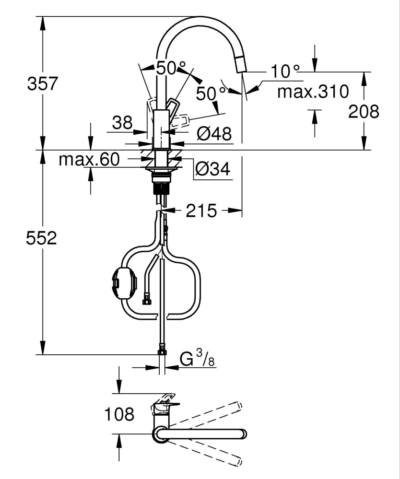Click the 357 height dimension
click(x=42, y=84)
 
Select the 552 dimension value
click(x=42, y=238)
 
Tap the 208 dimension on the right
click(x=364, y=112)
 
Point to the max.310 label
click(x=313, y=91)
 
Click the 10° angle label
click(x=285, y=72)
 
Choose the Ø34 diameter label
click(x=213, y=169)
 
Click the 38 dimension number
click(x=122, y=123)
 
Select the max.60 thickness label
click(x=89, y=160)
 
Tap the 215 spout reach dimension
click(x=201, y=210)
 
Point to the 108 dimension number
click(x=119, y=414)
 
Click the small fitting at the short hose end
click(x=147, y=301)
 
